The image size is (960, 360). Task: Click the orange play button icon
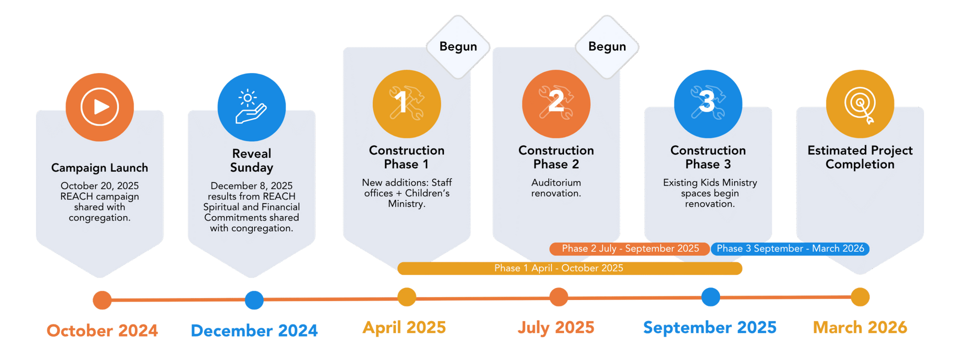tap(99, 106)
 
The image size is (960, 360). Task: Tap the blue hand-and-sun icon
tap(251, 106)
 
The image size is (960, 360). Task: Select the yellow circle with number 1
tap(406, 103)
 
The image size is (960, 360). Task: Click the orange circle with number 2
tap(556, 103)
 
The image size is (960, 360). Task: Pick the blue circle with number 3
tap(708, 103)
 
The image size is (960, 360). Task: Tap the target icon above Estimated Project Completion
tap(860, 103)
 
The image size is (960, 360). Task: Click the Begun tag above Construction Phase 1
tap(458, 46)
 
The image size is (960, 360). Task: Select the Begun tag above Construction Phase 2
tap(607, 46)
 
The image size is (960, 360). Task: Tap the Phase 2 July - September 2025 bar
tap(629, 248)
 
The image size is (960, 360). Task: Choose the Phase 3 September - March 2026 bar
tap(790, 248)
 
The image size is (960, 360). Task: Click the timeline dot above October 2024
tap(102, 300)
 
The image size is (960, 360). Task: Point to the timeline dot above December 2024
tap(254, 300)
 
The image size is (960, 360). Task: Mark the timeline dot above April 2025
tap(406, 297)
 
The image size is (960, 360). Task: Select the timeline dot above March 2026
tap(860, 297)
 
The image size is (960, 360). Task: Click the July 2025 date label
tap(556, 327)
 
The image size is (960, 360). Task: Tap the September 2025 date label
tap(709, 327)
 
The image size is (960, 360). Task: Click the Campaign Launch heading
tap(99, 168)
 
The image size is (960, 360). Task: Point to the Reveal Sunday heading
tap(251, 160)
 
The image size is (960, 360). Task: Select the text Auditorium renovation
tap(556, 188)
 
